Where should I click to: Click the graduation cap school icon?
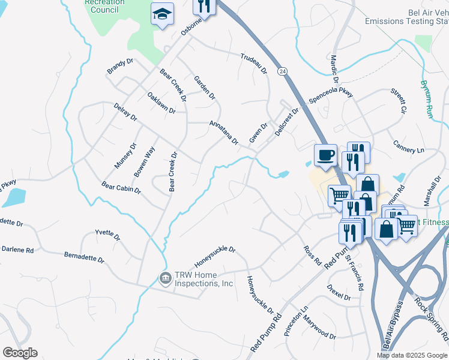coord(162,15)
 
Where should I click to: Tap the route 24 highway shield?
coord(282,71)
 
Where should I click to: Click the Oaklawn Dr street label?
coord(161,103)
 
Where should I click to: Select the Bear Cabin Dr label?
coord(121,189)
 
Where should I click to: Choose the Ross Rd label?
coord(312,256)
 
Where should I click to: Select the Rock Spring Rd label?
coord(432,325)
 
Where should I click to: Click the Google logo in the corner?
coord(20,353)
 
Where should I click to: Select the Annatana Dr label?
coord(223,133)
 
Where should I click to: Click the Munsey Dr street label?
coord(125,155)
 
